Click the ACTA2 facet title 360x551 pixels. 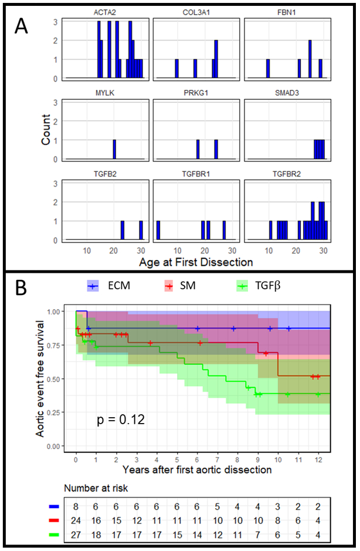coord(104,12)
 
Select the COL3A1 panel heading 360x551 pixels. coord(195,12)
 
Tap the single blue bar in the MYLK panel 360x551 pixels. coord(114,149)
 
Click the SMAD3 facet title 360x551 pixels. coord(286,93)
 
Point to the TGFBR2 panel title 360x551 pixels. coord(286,174)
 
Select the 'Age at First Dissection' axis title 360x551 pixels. coord(196,262)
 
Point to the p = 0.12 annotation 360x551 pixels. coord(121,420)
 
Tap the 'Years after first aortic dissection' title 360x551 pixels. coord(197,470)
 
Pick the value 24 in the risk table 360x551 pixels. coord(76,520)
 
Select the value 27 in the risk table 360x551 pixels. coord(76,535)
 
